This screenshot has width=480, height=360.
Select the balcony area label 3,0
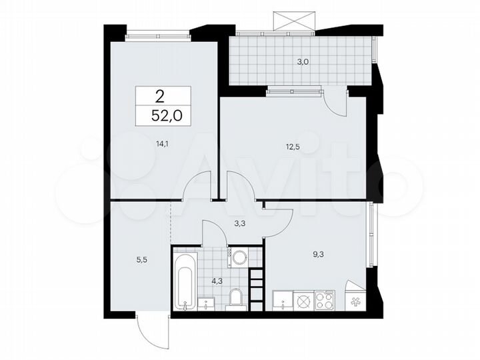click(x=303, y=62)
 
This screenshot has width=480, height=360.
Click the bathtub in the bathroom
click(x=185, y=280)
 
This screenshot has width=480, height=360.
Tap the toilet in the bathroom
click(x=235, y=299)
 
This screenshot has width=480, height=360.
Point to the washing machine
click(x=238, y=257)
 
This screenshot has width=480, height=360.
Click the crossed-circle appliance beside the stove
click(x=303, y=301)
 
